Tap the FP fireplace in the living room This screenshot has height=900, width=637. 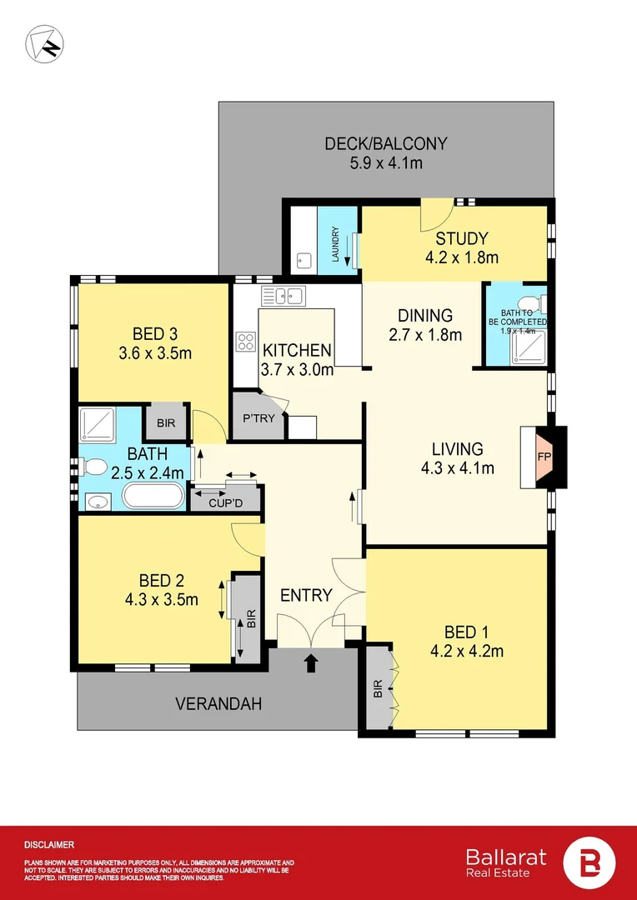click(542, 457)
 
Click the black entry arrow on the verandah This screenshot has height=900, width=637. click(312, 663)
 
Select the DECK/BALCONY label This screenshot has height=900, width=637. click(385, 144)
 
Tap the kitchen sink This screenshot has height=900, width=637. click(283, 295)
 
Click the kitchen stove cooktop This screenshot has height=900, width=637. click(247, 341)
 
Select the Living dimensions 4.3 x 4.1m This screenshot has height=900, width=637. click(457, 468)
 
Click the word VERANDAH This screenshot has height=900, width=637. click(218, 704)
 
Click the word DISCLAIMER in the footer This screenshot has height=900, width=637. click(49, 845)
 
